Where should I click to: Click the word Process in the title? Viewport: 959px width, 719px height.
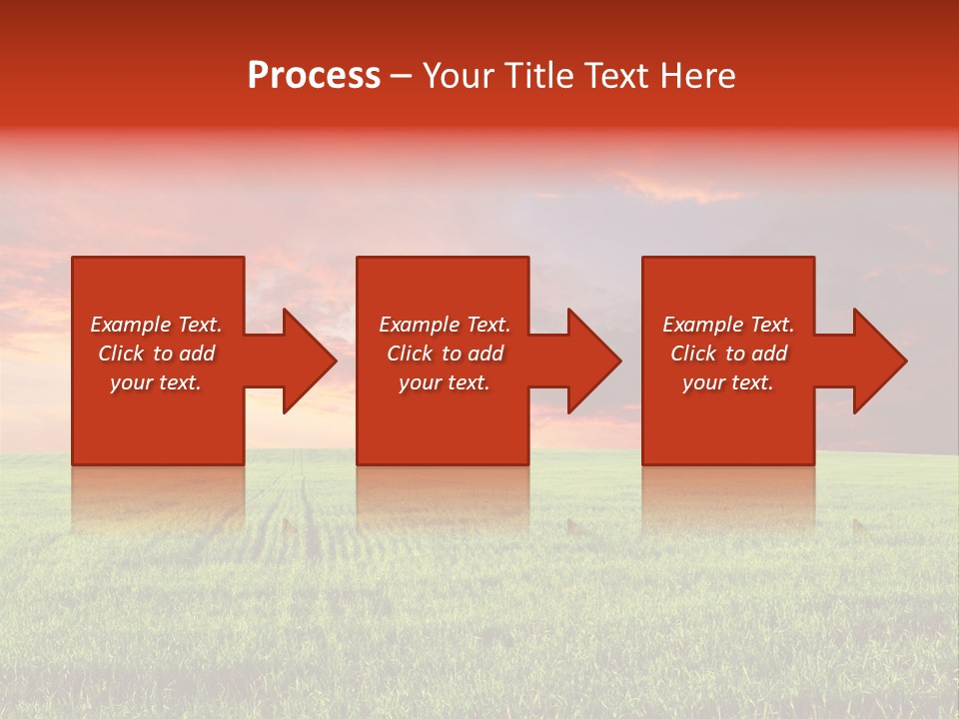(x=314, y=76)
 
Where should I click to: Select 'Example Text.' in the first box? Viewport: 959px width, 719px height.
(x=156, y=325)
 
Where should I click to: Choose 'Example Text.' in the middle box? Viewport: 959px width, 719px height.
(x=445, y=325)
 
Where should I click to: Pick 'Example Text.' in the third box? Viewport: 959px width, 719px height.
(x=728, y=325)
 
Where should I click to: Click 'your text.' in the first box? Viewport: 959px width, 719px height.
(x=156, y=382)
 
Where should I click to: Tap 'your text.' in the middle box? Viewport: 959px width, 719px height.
(x=445, y=382)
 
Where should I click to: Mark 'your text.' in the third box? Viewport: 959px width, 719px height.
(x=728, y=382)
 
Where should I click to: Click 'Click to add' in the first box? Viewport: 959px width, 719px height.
(x=156, y=354)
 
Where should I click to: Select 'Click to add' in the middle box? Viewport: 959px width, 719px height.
(x=445, y=354)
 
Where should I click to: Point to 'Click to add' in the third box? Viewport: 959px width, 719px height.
(x=728, y=354)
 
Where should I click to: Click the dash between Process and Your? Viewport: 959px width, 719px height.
(x=401, y=77)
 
